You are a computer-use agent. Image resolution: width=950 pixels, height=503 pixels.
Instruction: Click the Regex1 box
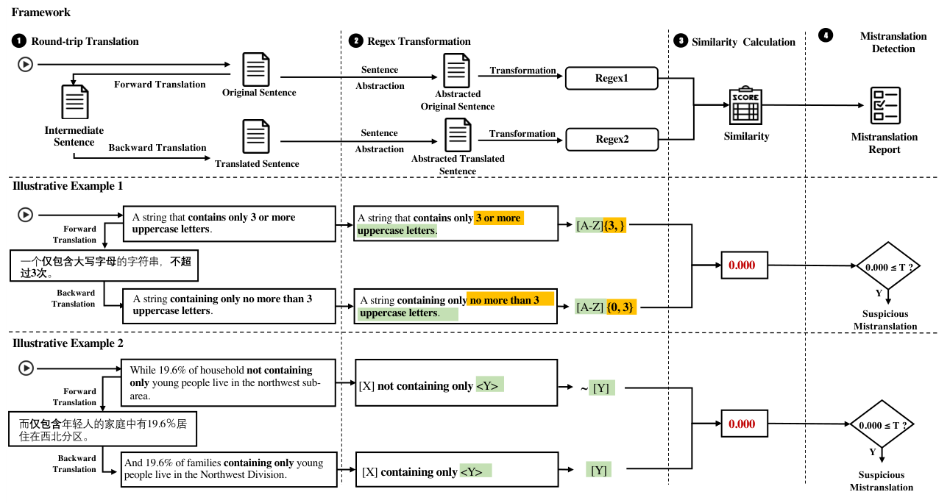(612, 78)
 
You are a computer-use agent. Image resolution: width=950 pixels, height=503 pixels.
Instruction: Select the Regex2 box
(612, 140)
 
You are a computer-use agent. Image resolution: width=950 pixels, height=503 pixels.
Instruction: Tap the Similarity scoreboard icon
(745, 105)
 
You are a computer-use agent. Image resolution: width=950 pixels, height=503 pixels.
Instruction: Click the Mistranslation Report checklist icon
(885, 105)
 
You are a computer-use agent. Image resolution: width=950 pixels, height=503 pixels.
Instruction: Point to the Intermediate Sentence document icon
(75, 101)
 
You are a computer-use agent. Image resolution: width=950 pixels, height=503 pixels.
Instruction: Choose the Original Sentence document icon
(256, 69)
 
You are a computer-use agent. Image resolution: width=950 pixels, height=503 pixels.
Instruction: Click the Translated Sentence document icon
(256, 137)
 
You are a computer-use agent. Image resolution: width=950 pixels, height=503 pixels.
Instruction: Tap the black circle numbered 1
(18, 41)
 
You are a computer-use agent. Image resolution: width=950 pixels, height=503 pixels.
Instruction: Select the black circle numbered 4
(826, 35)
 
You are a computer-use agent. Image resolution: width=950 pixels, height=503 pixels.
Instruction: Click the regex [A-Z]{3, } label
(600, 226)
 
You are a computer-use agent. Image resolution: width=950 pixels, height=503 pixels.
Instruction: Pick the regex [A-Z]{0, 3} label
(606, 307)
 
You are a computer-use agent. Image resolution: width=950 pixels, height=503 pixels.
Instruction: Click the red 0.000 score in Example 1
(742, 265)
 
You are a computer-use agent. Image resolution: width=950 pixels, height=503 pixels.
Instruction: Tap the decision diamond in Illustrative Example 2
(882, 424)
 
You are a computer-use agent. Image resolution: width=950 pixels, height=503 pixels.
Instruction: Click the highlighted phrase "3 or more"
(499, 218)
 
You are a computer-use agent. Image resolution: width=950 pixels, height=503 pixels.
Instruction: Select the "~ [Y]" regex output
(597, 388)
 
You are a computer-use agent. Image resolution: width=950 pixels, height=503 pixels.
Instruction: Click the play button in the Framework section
(26, 65)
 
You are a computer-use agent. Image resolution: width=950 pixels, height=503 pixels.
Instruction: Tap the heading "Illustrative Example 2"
(68, 343)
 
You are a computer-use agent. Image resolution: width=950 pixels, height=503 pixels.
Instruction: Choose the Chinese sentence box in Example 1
(104, 265)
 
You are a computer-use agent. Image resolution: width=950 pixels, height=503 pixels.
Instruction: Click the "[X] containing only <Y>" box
(457, 469)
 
